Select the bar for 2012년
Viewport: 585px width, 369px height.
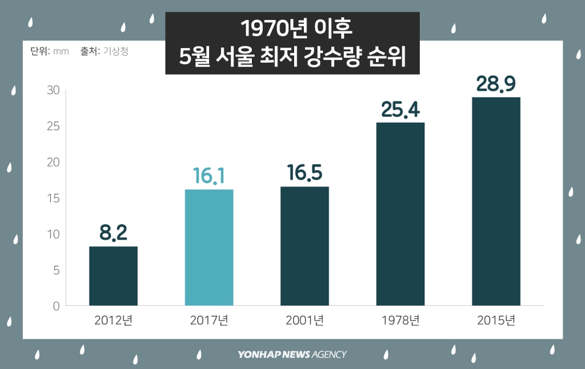point(113,276)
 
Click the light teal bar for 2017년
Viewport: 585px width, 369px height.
point(209,248)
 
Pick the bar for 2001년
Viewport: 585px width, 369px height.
point(304,246)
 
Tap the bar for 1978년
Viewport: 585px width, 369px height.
point(400,214)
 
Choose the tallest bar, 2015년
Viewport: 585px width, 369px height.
point(496,201)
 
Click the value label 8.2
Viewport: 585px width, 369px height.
point(113,233)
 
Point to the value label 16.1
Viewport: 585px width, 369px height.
point(209,176)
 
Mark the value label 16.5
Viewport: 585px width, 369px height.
point(304,173)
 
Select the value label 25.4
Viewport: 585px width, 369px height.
point(400,109)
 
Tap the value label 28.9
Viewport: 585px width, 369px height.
point(496,84)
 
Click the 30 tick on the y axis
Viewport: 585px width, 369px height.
point(53,90)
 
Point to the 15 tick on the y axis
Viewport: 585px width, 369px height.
point(53,198)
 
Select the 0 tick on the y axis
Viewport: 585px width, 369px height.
point(56,306)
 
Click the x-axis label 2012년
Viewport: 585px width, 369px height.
point(113,321)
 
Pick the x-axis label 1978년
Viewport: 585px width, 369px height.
point(400,321)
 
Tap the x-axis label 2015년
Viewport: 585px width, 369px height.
point(496,321)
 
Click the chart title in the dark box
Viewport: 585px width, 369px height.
point(292,43)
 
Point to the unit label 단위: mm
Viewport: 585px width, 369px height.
point(50,51)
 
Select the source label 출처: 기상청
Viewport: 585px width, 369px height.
point(105,51)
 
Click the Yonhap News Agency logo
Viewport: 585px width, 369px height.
point(292,354)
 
